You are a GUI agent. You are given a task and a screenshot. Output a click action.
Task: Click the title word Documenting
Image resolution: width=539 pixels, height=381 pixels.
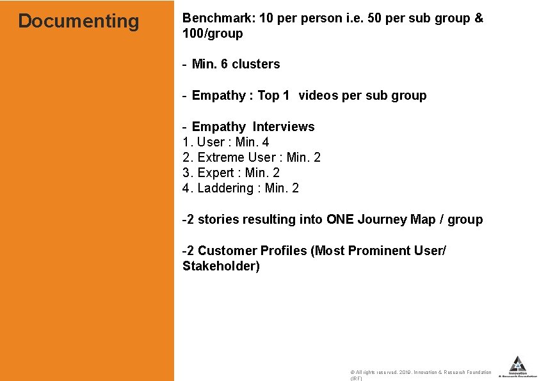point(78,21)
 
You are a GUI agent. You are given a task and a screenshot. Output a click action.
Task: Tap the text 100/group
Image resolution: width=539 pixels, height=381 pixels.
point(213,33)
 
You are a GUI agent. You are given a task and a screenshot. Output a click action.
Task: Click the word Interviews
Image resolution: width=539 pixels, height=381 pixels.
point(283,127)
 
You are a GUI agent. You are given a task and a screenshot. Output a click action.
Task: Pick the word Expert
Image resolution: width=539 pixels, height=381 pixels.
point(216,173)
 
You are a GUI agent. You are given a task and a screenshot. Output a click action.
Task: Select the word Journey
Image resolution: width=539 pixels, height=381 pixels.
point(382,219)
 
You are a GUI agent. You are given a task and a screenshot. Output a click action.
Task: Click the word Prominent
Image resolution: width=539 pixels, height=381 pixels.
point(376,251)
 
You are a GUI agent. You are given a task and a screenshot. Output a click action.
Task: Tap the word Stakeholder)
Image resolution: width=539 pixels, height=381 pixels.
point(221,266)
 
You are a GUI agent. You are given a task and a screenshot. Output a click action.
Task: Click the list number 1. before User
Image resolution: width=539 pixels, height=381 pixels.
point(188,142)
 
